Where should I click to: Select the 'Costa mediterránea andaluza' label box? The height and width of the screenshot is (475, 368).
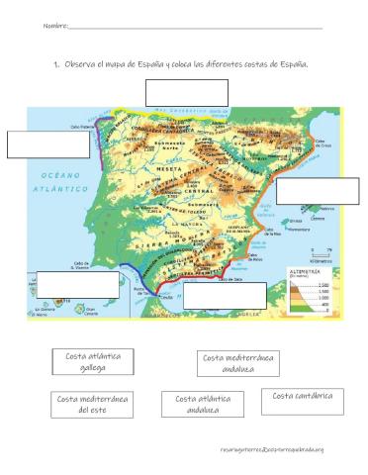(x=238, y=363)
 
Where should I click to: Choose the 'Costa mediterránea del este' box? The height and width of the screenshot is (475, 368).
(x=92, y=405)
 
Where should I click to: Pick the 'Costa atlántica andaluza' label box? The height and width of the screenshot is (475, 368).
(x=202, y=406)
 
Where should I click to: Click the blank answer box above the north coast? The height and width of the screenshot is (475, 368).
(x=186, y=92)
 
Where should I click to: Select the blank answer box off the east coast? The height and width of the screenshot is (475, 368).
(x=317, y=190)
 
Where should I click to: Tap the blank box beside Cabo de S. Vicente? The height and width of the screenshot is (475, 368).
(x=76, y=284)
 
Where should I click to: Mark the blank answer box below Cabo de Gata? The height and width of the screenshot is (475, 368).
(x=225, y=296)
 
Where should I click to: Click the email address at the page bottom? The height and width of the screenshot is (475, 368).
(x=272, y=451)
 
